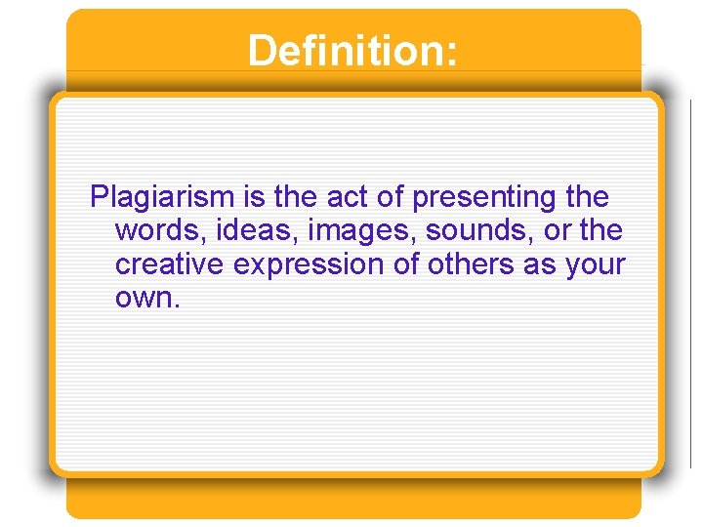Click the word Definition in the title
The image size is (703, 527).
(x=347, y=51)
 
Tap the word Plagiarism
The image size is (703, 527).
(x=164, y=198)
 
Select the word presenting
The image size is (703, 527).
(x=485, y=198)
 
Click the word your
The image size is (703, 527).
(x=595, y=264)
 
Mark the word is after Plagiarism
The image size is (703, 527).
(x=255, y=198)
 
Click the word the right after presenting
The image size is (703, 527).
(x=587, y=198)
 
